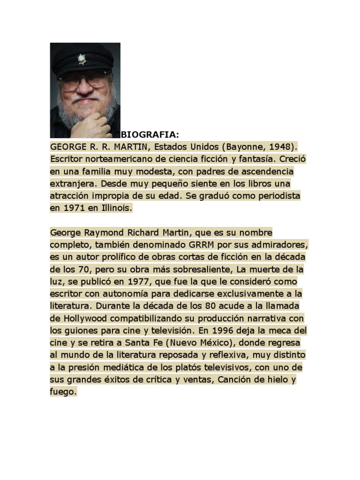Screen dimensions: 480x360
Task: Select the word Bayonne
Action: click(247, 147)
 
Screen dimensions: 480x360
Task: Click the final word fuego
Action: click(62, 391)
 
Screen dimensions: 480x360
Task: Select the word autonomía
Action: click(132, 293)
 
